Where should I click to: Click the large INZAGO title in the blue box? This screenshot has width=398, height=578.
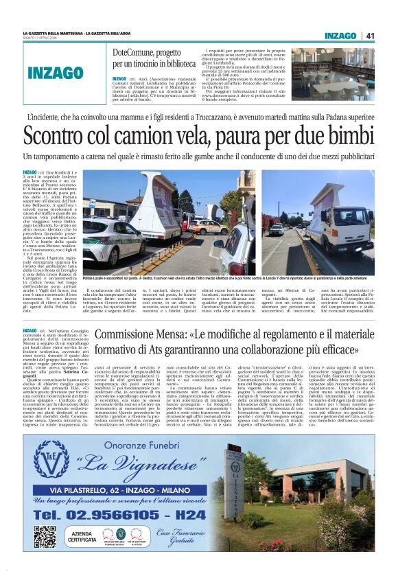tap(56, 73)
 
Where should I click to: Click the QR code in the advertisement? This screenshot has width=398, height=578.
tap(45, 535)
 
